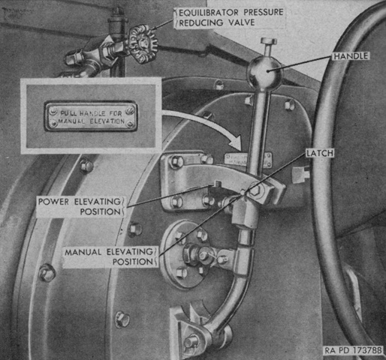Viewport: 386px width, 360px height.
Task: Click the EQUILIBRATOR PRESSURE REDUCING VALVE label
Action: [231, 17]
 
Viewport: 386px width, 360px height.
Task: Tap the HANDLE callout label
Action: [351, 56]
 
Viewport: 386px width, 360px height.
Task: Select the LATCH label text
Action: [320, 153]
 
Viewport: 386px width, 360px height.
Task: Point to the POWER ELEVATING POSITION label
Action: [80, 206]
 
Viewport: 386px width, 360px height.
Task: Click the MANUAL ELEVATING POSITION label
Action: [109, 256]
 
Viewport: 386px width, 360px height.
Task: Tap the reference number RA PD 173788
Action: [354, 350]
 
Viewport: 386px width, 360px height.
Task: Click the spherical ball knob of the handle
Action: [264, 71]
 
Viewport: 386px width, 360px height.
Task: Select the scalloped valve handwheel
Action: [143, 44]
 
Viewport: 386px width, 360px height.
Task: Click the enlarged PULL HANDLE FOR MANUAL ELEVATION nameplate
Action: [91, 116]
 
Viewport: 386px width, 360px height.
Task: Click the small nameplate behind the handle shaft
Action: [247, 159]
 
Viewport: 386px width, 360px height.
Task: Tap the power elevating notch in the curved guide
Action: [216, 184]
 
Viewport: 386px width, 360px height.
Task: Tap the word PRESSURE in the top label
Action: [264, 12]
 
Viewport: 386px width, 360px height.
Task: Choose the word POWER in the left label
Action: [53, 202]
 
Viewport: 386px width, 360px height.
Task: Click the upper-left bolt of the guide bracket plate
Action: [175, 160]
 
